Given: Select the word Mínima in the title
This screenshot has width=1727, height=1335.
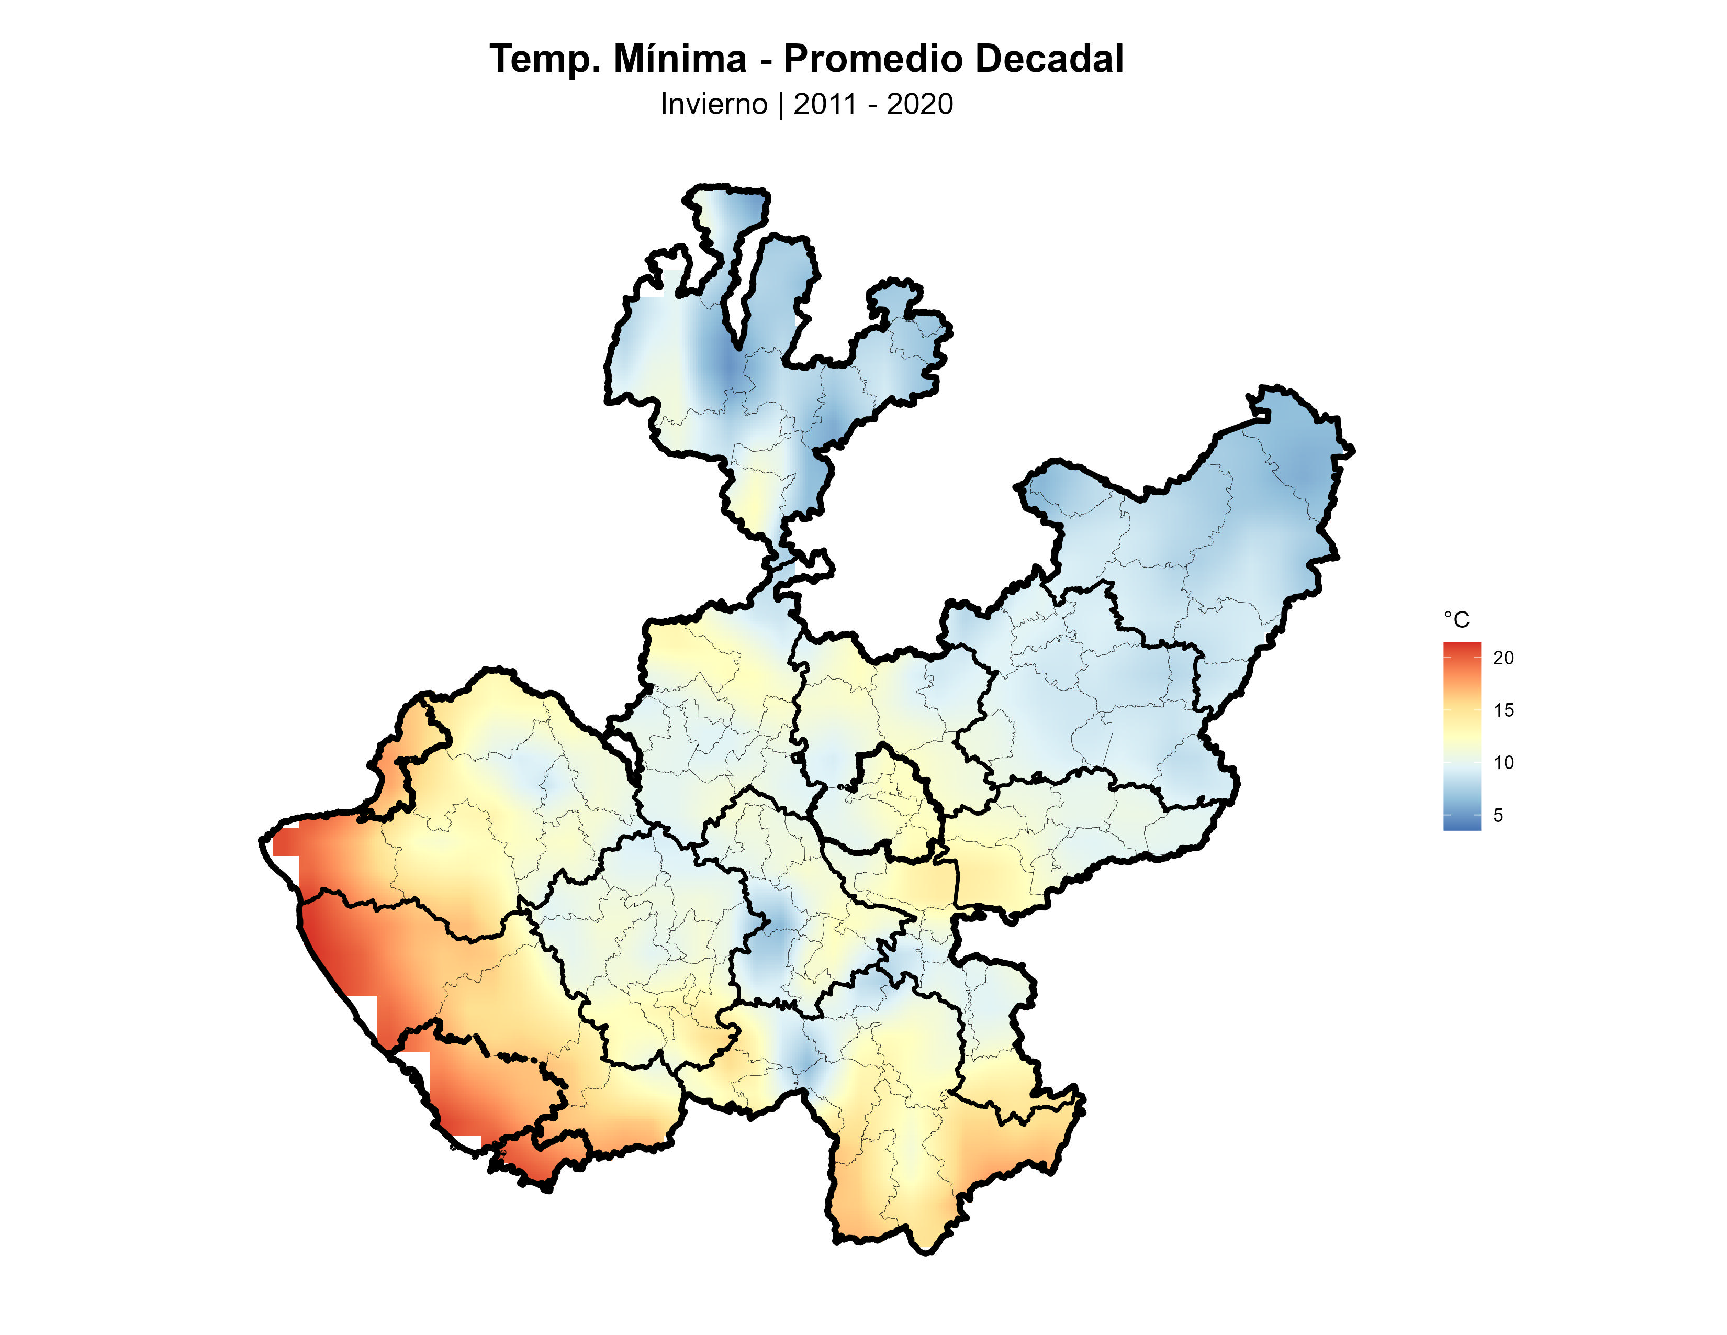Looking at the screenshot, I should [x=679, y=59].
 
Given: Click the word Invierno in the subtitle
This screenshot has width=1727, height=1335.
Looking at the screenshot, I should [x=713, y=104].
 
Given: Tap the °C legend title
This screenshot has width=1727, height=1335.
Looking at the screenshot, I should [x=1456, y=619].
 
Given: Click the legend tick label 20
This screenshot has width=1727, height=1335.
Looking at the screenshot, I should [x=1503, y=657].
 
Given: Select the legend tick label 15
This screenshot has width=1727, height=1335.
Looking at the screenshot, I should [x=1503, y=710].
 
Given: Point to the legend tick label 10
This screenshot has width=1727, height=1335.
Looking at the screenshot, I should [x=1503, y=762].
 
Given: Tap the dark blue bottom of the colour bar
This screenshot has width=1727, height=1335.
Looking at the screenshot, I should [x=1461, y=825].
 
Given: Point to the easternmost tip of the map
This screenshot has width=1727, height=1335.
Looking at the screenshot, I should [x=1353, y=450].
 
